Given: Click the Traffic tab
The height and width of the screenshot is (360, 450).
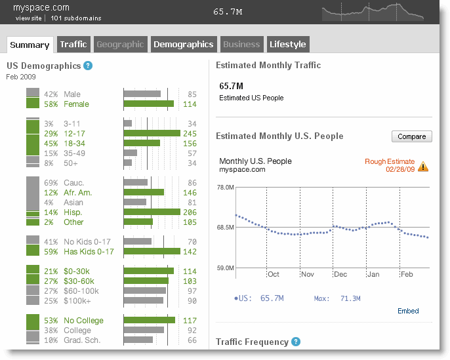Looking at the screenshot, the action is click(73, 44).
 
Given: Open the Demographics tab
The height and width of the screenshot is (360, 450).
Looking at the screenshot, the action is click(184, 44).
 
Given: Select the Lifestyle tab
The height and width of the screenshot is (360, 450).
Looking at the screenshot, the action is click(288, 44).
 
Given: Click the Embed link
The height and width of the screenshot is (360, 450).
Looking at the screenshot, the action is click(408, 311).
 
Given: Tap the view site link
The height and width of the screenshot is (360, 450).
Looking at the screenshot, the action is click(29, 18).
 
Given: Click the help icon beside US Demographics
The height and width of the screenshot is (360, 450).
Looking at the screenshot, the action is click(88, 66).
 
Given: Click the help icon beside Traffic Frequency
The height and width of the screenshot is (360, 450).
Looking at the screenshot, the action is click(296, 342).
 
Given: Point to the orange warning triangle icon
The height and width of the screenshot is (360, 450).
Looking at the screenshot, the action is click(423, 167).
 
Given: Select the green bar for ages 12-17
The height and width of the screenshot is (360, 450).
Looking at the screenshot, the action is click(152, 133).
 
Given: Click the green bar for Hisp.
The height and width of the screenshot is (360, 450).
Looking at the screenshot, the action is click(152, 212).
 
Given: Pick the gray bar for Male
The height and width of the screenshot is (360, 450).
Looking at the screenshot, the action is click(142, 94).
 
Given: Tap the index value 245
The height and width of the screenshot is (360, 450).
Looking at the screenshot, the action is click(190, 134).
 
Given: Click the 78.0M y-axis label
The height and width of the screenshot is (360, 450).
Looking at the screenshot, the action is click(225, 188).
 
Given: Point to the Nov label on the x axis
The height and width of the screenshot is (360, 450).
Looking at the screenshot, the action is click(308, 274).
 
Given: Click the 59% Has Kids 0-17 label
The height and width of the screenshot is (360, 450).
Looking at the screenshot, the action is click(79, 252).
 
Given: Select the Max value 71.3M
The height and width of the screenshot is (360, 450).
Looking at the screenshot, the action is click(350, 298).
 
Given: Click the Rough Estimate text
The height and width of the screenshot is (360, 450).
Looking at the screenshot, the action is click(390, 161).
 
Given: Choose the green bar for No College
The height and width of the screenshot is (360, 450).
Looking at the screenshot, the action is click(150, 320).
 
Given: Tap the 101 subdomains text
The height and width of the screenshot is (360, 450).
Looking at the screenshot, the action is click(76, 18).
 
